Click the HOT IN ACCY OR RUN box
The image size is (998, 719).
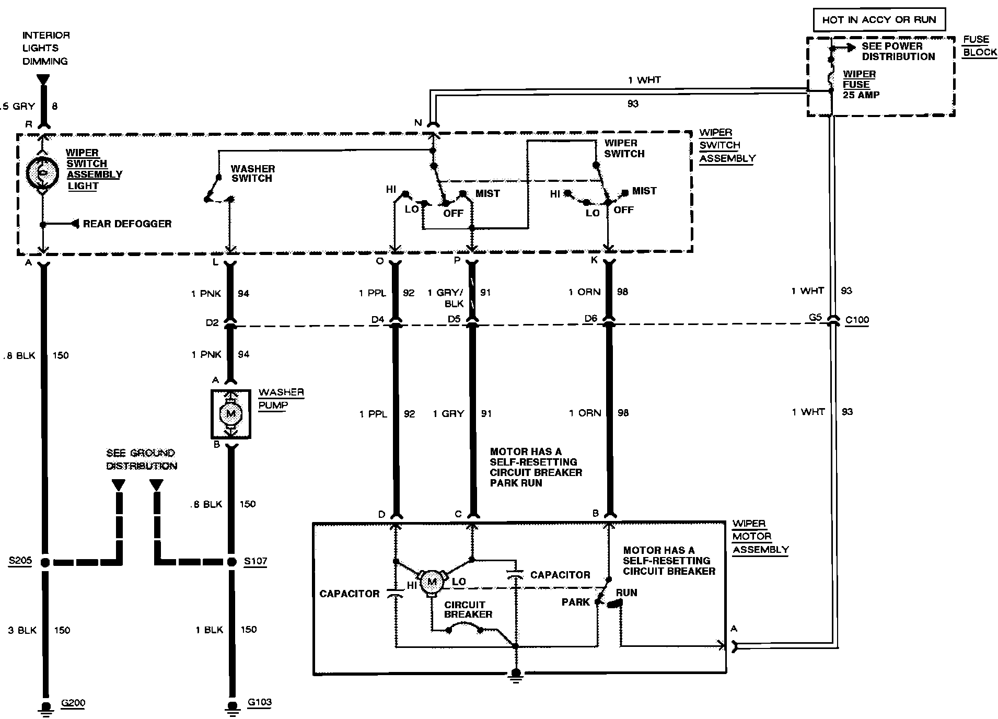point(879,20)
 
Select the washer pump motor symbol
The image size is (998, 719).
point(230,414)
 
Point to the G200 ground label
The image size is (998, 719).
point(73,703)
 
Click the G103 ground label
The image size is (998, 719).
point(259,702)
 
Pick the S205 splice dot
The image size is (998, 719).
point(45,562)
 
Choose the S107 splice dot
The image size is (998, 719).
point(231,562)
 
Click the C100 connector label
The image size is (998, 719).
point(857,320)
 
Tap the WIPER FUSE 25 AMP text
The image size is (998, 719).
point(861,85)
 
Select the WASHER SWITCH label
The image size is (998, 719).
point(252,173)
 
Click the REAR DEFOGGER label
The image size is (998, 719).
point(127,224)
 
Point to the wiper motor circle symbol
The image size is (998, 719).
point(432,581)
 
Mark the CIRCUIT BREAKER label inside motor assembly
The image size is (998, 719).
point(468,609)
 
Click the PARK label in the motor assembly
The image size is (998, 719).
point(575,602)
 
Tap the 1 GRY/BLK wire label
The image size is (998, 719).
point(445,298)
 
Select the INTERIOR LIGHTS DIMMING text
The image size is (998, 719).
point(45,48)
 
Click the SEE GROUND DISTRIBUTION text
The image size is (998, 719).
point(141,459)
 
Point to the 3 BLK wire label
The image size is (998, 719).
point(22,630)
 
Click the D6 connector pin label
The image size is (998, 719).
point(590,318)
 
